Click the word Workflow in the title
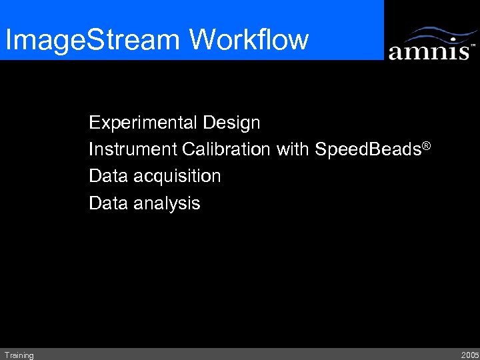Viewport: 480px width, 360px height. [249, 39]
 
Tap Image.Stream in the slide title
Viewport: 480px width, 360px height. [93, 40]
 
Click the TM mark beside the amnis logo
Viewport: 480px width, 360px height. [473, 45]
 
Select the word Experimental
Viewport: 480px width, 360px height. [144, 123]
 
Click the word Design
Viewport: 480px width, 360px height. [232, 123]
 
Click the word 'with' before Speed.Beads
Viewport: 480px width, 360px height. [293, 150]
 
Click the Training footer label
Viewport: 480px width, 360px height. [19, 355]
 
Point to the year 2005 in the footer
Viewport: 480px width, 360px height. [469, 355]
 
